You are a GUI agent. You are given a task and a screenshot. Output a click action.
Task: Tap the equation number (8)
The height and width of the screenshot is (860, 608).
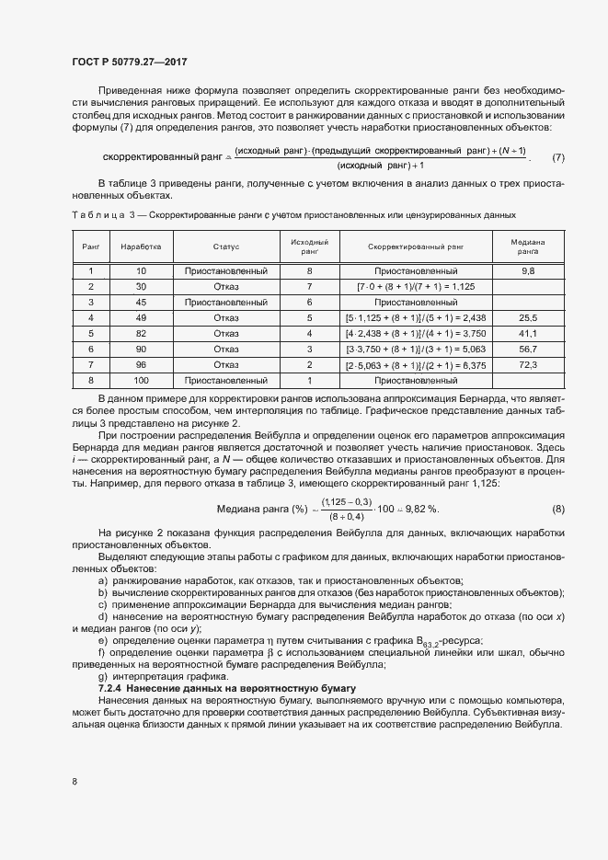coord(558,509)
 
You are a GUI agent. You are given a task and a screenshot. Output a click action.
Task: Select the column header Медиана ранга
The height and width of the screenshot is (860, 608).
coord(528,247)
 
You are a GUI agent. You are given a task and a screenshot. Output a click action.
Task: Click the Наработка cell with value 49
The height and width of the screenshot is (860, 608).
coord(141,317)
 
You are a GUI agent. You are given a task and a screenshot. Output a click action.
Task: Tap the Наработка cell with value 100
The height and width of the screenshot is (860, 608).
coord(141,380)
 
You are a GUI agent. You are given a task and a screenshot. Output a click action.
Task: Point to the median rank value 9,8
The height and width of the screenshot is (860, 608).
coord(528,271)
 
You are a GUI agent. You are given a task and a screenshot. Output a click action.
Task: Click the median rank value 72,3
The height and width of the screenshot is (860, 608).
coord(528,365)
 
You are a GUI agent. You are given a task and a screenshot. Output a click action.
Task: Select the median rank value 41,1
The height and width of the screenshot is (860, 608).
coord(528,333)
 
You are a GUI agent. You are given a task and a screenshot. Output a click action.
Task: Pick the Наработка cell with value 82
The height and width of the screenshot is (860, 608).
coord(141,333)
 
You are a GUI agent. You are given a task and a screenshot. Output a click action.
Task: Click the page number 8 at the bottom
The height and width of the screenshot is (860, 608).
coord(75,782)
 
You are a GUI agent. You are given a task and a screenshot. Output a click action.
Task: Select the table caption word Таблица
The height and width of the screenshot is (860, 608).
coord(96,214)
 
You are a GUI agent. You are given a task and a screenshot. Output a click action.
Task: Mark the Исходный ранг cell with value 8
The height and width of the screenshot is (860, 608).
coord(309,271)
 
